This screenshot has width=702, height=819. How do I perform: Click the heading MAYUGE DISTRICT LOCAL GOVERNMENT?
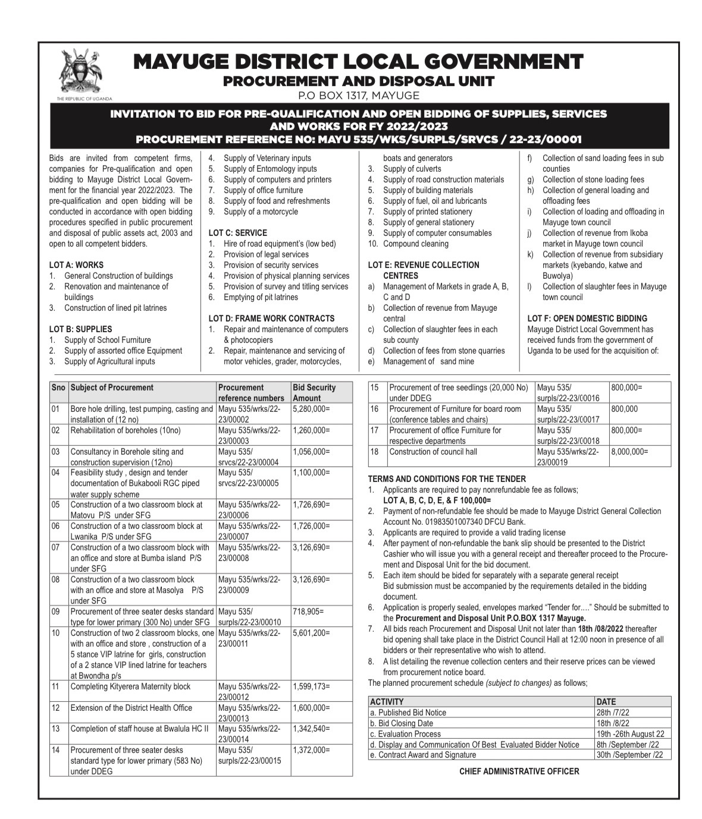pos(358,62)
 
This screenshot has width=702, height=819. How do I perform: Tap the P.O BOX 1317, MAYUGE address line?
pos(358,95)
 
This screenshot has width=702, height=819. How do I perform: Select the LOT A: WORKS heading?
pos(76,265)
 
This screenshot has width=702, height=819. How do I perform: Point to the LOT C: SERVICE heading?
pos(237,233)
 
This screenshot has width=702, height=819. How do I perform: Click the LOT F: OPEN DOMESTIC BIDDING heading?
pos(587,319)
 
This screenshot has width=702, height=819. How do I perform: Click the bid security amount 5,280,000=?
pos(311,409)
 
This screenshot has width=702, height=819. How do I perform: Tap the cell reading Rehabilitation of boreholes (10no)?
pos(126,431)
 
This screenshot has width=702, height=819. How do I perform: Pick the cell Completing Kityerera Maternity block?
pos(130,687)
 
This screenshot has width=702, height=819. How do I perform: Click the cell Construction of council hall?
pos(433,452)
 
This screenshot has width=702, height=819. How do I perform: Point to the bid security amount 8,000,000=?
pos(629,452)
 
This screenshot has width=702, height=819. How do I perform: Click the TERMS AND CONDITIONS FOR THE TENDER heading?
pos(447,479)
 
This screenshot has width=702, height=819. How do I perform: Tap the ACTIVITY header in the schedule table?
pos(387,701)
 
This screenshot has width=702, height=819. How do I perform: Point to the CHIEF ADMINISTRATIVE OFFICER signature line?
pos(519,771)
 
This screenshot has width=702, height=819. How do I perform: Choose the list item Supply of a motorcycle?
pos(261,212)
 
